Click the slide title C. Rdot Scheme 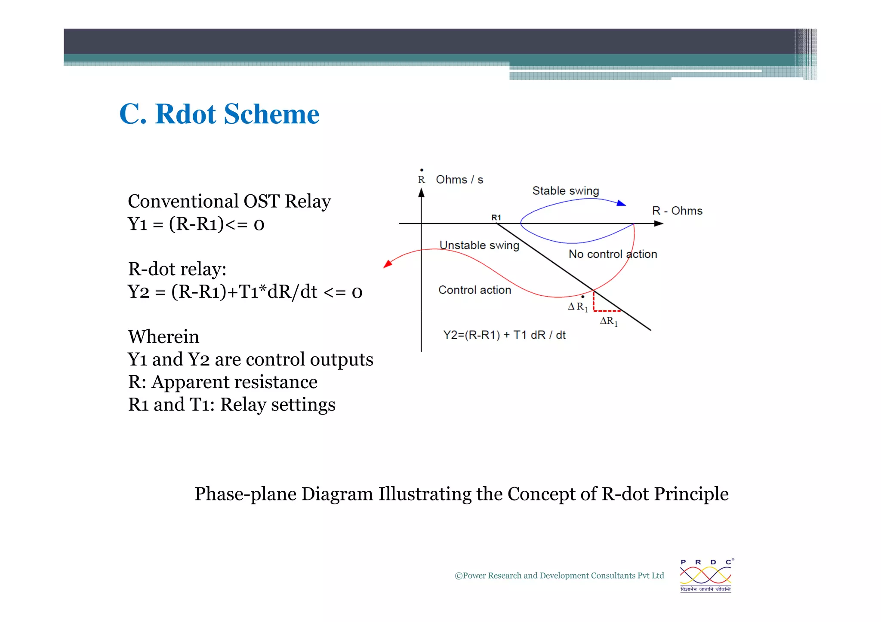[x=219, y=114]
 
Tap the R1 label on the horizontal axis [x=496, y=218]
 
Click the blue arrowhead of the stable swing [x=621, y=203]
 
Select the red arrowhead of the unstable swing [x=388, y=264]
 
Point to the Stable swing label [x=565, y=190]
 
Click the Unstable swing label [x=479, y=245]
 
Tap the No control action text [x=613, y=254]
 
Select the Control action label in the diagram [x=474, y=290]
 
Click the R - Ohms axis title [x=677, y=211]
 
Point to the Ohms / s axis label [x=459, y=180]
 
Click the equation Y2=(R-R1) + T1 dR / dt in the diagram [x=504, y=335]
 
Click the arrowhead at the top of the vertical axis [x=422, y=193]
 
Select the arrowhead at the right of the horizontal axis [x=658, y=224]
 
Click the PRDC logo [x=705, y=576]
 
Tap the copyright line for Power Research [x=559, y=576]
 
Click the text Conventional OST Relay [x=229, y=201]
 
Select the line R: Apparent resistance [x=222, y=382]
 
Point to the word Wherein [x=163, y=337]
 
